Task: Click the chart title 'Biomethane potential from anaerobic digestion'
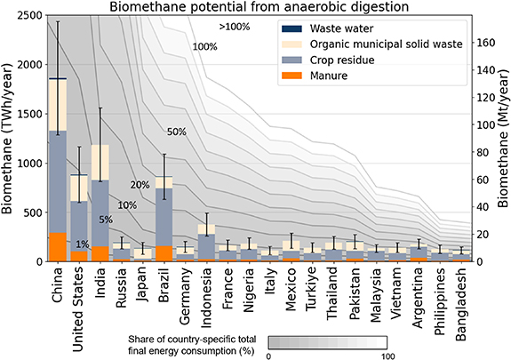coord(258,7)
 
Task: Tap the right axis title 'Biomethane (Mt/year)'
coord(503,139)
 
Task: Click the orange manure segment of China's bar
coord(58,246)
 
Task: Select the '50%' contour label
coord(176,132)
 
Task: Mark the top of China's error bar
coord(58,21)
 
